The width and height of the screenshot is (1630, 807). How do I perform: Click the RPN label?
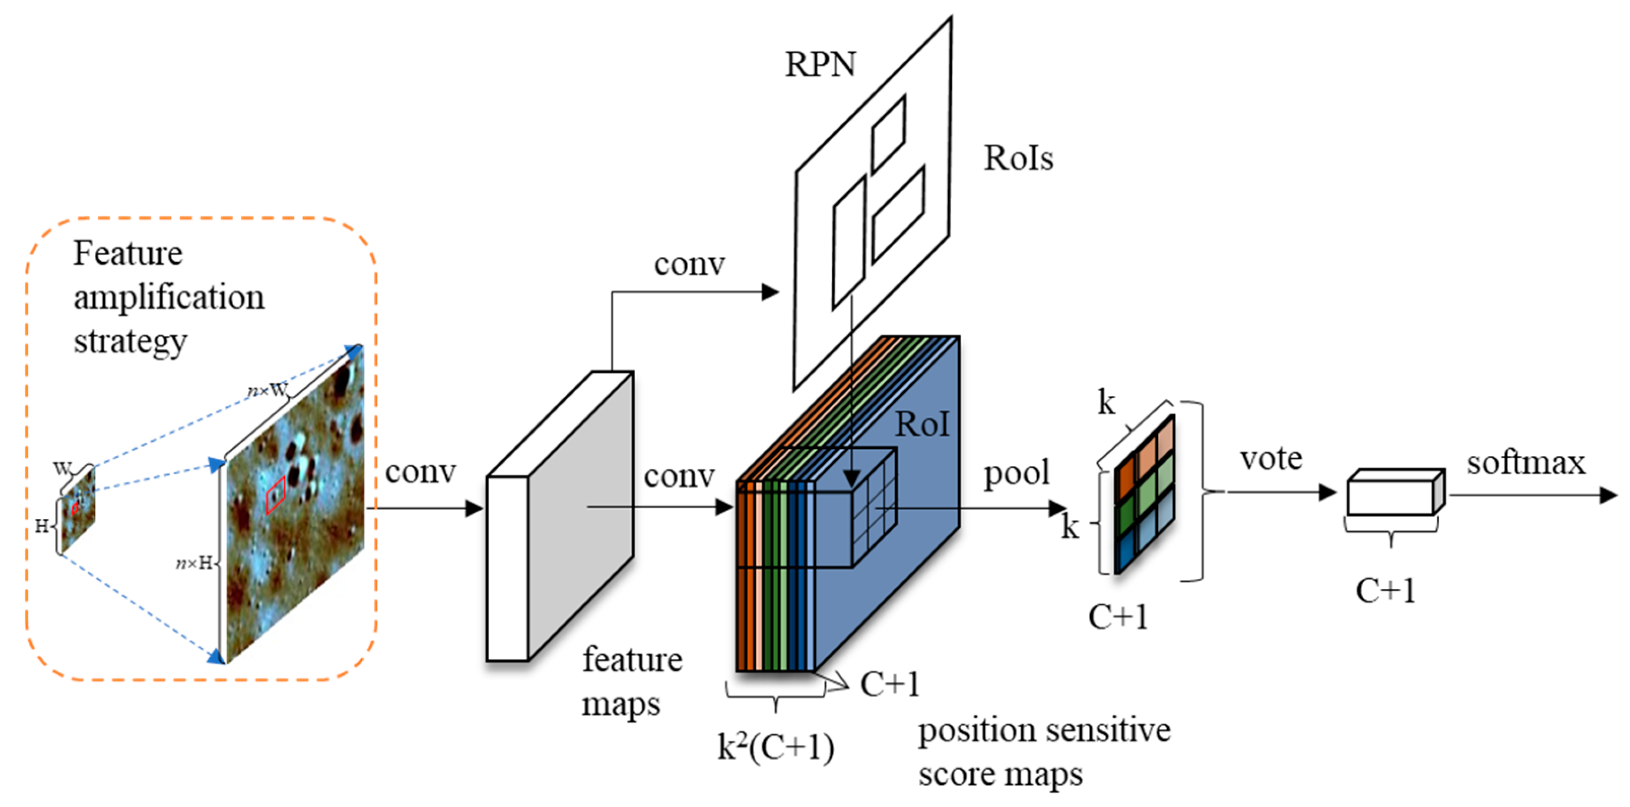820,65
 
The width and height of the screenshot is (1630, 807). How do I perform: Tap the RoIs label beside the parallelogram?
1018,158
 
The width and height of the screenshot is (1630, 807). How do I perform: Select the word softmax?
1525,463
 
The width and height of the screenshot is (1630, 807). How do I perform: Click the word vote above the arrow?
1271,459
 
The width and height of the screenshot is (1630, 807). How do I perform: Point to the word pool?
1016,473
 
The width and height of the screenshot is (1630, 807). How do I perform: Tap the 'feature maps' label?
631,682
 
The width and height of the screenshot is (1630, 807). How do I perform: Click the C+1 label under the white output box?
1385,591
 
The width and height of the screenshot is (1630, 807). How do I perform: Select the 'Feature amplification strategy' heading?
168,297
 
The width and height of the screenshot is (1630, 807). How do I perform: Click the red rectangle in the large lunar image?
276,495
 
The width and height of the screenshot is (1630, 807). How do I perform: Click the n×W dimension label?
267,390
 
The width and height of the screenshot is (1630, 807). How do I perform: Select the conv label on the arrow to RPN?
689,264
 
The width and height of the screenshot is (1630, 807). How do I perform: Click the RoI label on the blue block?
922,425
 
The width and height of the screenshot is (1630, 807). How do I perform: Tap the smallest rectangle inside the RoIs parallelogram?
888,135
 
